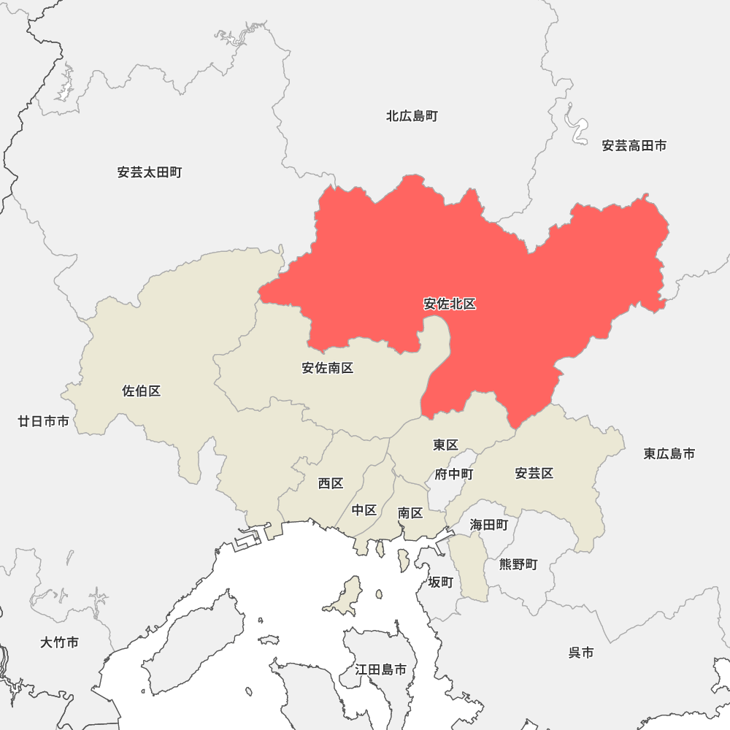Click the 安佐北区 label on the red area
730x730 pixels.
pyautogui.click(x=450, y=304)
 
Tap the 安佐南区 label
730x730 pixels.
pyautogui.click(x=328, y=368)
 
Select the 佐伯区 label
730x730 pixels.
pyautogui.click(x=142, y=391)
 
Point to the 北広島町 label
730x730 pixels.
pyautogui.click(x=412, y=116)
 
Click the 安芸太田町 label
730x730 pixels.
pyautogui.click(x=150, y=173)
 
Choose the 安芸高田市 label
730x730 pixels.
pyautogui.click(x=634, y=146)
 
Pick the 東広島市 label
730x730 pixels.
pyautogui.click(x=669, y=454)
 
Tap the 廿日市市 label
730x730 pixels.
pyautogui.click(x=44, y=421)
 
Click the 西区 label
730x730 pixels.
pyautogui.click(x=331, y=483)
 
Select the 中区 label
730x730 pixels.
pyautogui.click(x=364, y=510)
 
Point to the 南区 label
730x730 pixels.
pyautogui.click(x=410, y=513)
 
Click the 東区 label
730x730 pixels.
pyautogui.click(x=445, y=445)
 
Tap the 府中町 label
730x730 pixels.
pyautogui.click(x=454, y=474)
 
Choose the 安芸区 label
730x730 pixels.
pyautogui.click(x=534, y=474)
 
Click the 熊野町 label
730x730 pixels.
pyautogui.click(x=518, y=564)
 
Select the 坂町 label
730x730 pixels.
pyautogui.click(x=441, y=582)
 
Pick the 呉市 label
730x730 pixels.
pyautogui.click(x=581, y=653)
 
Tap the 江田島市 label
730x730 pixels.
pyautogui.click(x=381, y=669)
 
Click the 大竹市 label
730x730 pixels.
pyautogui.click(x=60, y=643)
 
